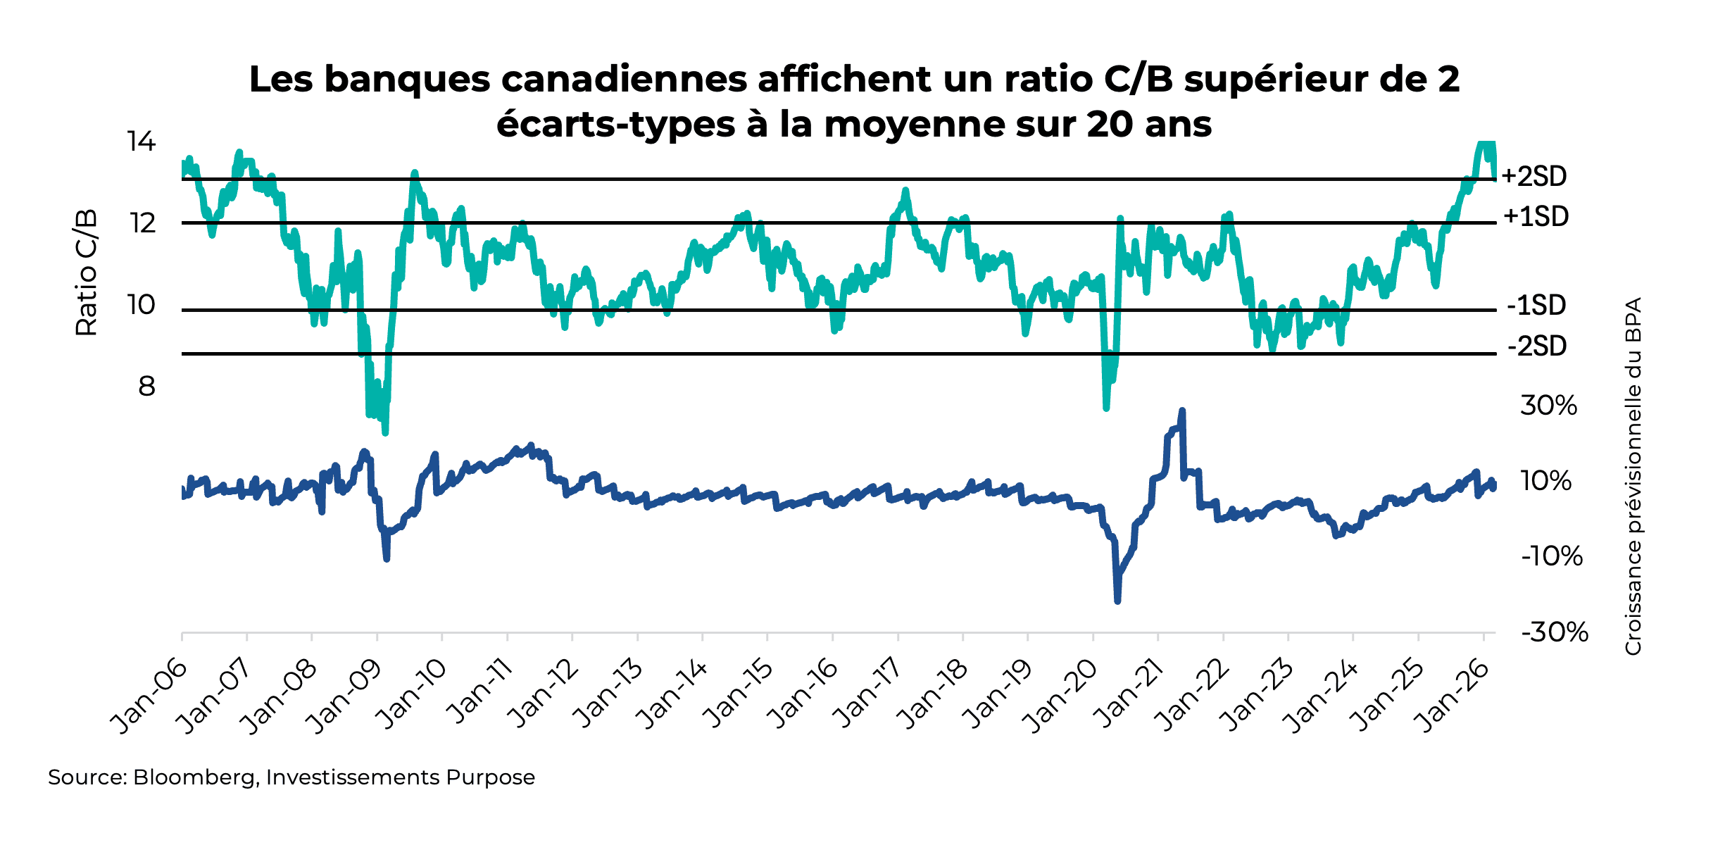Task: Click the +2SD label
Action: point(1534,176)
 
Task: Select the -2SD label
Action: point(1537,346)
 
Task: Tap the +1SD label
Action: point(1536,216)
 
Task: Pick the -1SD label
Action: point(1536,306)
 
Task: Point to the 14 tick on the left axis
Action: point(141,142)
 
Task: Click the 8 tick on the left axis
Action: point(146,387)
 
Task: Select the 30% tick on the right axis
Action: point(1548,406)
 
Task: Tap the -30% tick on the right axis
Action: point(1555,632)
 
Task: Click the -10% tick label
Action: point(1552,557)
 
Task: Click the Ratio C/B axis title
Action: point(86,273)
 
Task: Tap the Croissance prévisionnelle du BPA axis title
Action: point(1633,476)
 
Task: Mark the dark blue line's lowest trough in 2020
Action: point(1117,601)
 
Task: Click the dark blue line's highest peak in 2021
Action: point(1182,411)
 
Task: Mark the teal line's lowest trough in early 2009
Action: point(385,432)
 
